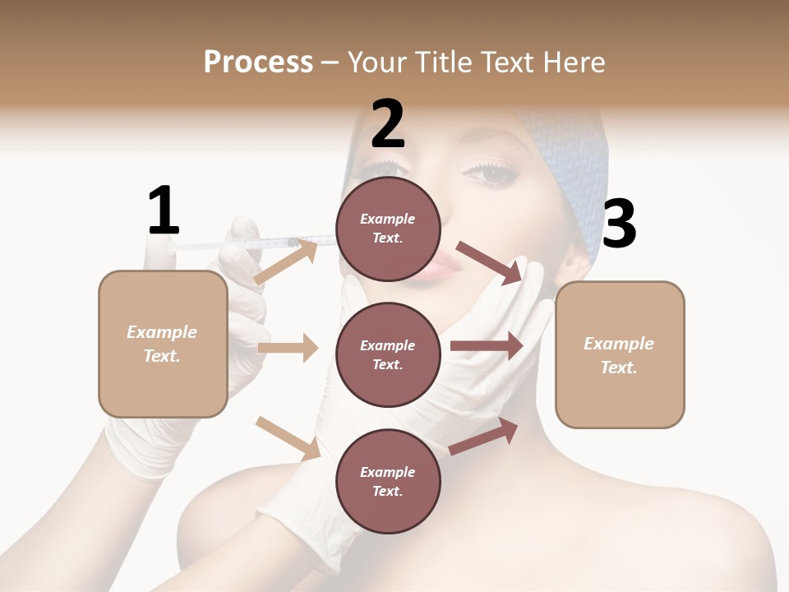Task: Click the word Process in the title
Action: pos(258,62)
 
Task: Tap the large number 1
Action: pos(164,210)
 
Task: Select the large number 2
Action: pos(388,123)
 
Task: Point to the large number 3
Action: pos(619,224)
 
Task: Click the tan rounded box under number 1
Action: pos(163,344)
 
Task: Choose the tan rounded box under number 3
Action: pos(620,354)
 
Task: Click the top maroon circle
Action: pos(388,229)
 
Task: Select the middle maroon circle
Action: pos(388,354)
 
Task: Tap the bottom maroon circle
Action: pos(388,481)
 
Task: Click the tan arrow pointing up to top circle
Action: pos(286,261)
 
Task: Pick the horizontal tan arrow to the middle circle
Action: pos(288,348)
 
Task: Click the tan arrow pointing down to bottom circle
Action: pos(288,438)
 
